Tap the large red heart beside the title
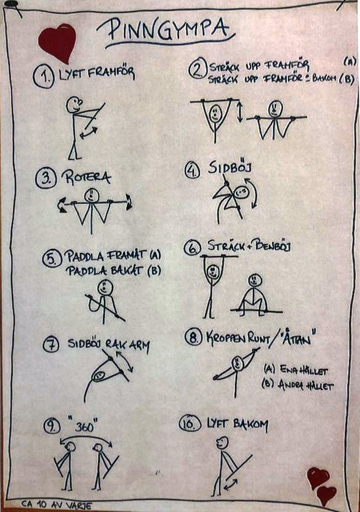57,42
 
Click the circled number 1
43,77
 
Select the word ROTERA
86,178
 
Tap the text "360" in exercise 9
84,426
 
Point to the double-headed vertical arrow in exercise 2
240,112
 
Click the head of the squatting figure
254,280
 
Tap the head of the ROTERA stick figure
92,195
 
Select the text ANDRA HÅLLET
297,385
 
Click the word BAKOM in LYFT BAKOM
250,424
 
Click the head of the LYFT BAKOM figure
222,444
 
